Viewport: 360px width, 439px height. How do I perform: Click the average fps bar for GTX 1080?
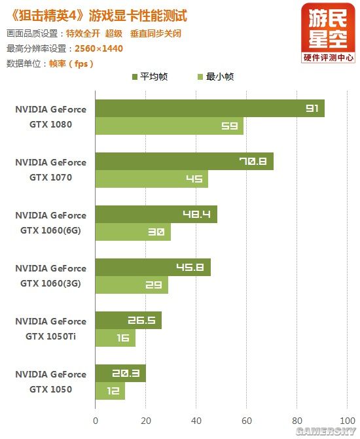pyautogui.click(x=209, y=108)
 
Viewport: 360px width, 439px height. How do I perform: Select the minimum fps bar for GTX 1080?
pyautogui.click(x=169, y=126)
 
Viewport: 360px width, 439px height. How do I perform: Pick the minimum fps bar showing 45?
pyautogui.click(x=151, y=179)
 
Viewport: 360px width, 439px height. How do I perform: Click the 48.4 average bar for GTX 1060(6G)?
pyautogui.click(x=156, y=214)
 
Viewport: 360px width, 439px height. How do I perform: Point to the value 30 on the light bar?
pyautogui.click(x=156, y=232)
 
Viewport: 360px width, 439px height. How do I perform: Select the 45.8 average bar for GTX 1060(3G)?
pyautogui.click(x=153, y=267)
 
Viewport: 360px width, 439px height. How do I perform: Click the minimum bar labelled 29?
pyautogui.click(x=132, y=285)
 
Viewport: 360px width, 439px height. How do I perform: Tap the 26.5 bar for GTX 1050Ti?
pyautogui.click(x=128, y=320)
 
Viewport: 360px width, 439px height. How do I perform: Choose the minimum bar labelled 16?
pyautogui.click(x=115, y=338)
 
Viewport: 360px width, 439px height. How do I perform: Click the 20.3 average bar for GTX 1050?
pyautogui.click(x=120, y=373)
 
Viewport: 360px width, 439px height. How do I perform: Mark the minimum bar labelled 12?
pyautogui.click(x=110, y=391)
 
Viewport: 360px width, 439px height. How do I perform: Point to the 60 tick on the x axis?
pyautogui.click(x=247, y=421)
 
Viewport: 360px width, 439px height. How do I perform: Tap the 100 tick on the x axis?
pyautogui.click(x=347, y=421)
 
